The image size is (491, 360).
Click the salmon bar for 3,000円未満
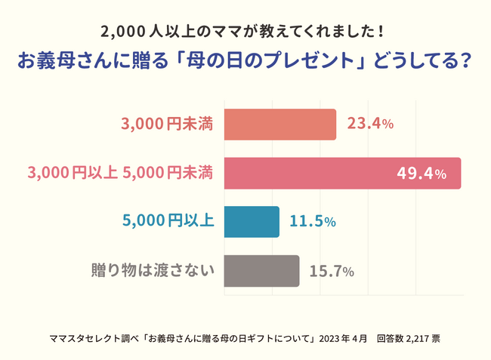pyautogui.click(x=279, y=125)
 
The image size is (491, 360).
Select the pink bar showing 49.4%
pyautogui.click(x=341, y=174)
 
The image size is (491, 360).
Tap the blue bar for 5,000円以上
pyautogui.click(x=252, y=222)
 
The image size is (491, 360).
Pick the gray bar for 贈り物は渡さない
pyautogui.click(x=261, y=270)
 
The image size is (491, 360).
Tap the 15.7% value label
pyautogui.click(x=332, y=271)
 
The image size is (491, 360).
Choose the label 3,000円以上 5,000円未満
pyautogui.click(x=120, y=174)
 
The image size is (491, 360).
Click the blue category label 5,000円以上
pyautogui.click(x=168, y=222)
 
